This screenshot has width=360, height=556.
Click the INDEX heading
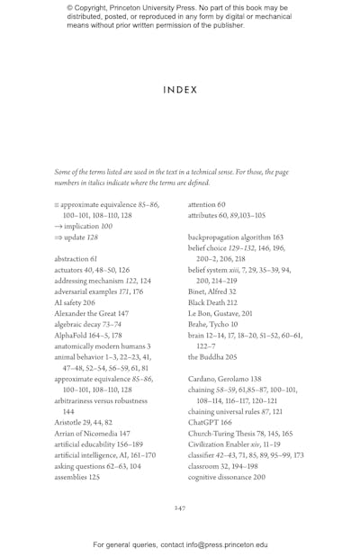pyautogui.click(x=180, y=90)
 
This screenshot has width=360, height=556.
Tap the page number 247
pyautogui.click(x=180, y=508)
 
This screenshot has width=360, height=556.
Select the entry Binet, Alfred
pyautogui.click(x=211, y=291)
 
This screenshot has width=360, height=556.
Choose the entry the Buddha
pyautogui.click(x=212, y=356)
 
